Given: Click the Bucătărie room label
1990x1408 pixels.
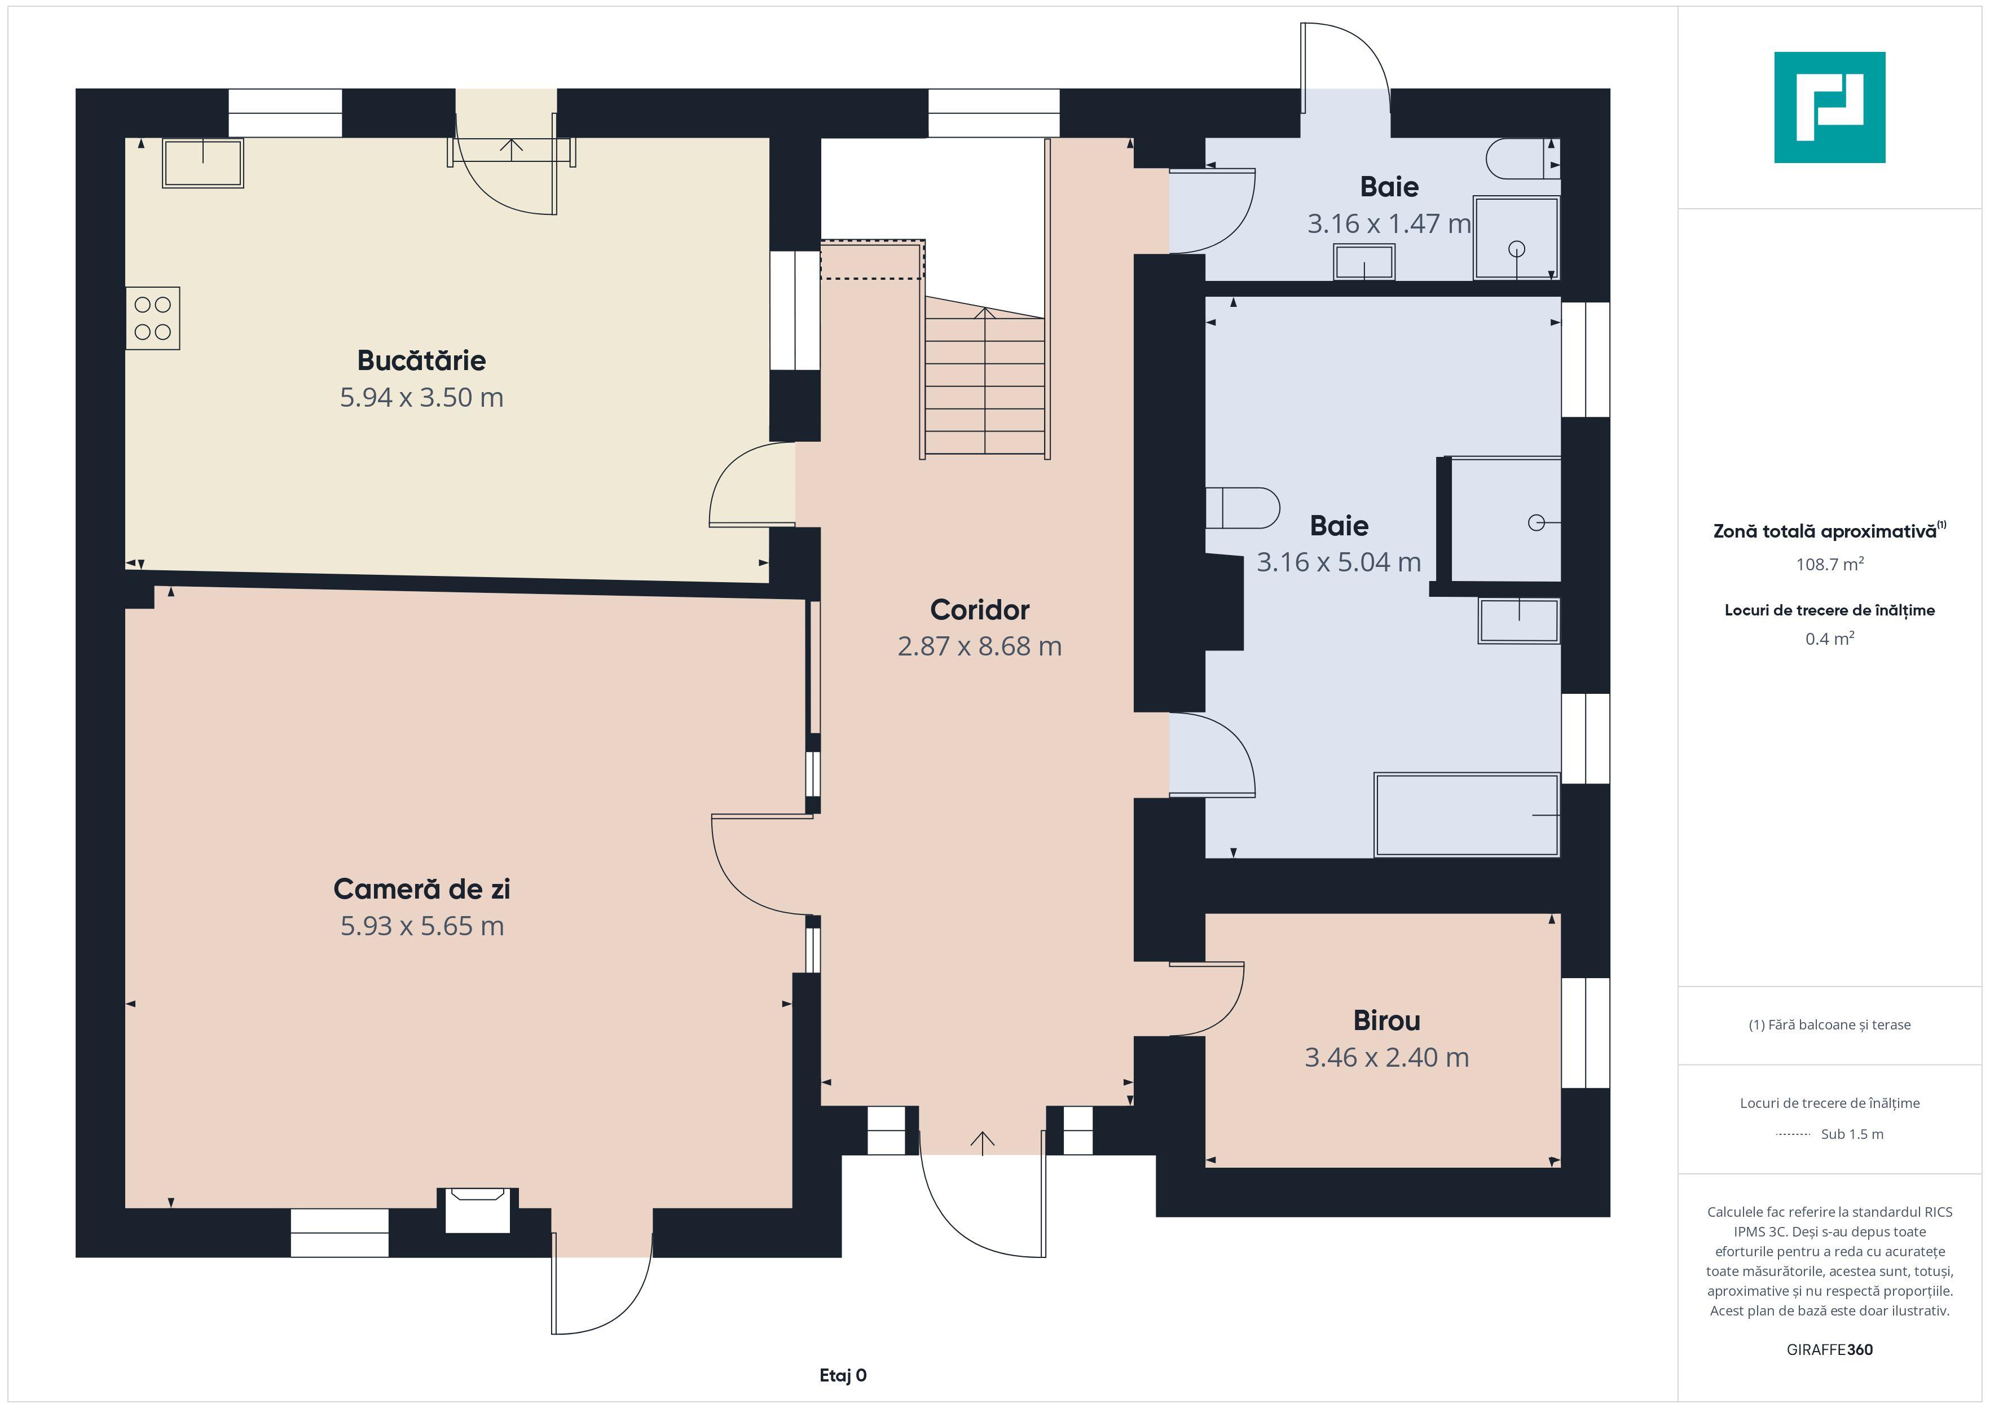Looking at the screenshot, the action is pyautogui.click(x=421, y=360).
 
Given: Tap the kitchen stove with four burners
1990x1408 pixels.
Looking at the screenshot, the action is pyautogui.click(x=152, y=318).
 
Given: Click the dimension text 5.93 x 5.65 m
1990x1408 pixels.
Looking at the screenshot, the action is pyautogui.click(x=422, y=926).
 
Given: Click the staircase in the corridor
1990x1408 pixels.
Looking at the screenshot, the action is pyautogui.click(x=985, y=381).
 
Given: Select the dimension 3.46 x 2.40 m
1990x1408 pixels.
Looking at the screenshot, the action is pyautogui.click(x=1387, y=1058).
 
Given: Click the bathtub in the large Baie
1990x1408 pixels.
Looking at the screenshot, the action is pyautogui.click(x=1467, y=815).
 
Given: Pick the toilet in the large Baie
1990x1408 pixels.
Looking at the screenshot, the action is pyautogui.click(x=1242, y=508).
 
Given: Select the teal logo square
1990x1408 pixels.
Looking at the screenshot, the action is pyautogui.click(x=1830, y=108).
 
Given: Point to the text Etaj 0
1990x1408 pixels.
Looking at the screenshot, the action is pyautogui.click(x=843, y=1375).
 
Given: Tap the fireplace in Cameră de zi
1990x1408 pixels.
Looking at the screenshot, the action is pyautogui.click(x=478, y=1209).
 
